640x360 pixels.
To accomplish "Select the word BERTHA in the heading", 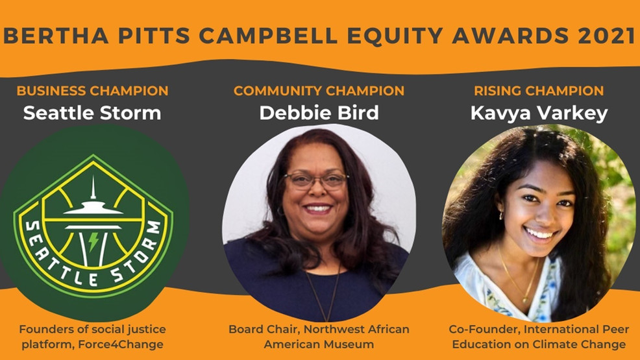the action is (56, 36).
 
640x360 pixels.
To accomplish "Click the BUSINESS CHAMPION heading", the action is (93, 91).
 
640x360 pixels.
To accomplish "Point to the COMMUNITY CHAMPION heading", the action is (319, 91).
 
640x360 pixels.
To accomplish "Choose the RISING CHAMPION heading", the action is (539, 91).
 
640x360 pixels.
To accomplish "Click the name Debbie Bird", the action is (319, 113).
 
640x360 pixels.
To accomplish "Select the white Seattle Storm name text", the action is (92, 113).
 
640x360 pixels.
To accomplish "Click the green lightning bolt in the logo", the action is (93, 241).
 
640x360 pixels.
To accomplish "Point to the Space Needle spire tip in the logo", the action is (93, 176).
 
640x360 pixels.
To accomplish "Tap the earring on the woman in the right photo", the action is (502, 214).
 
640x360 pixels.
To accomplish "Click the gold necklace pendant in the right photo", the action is (525, 300).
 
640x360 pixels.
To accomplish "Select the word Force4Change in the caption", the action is (121, 344).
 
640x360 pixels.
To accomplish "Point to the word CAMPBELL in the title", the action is (269, 36).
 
